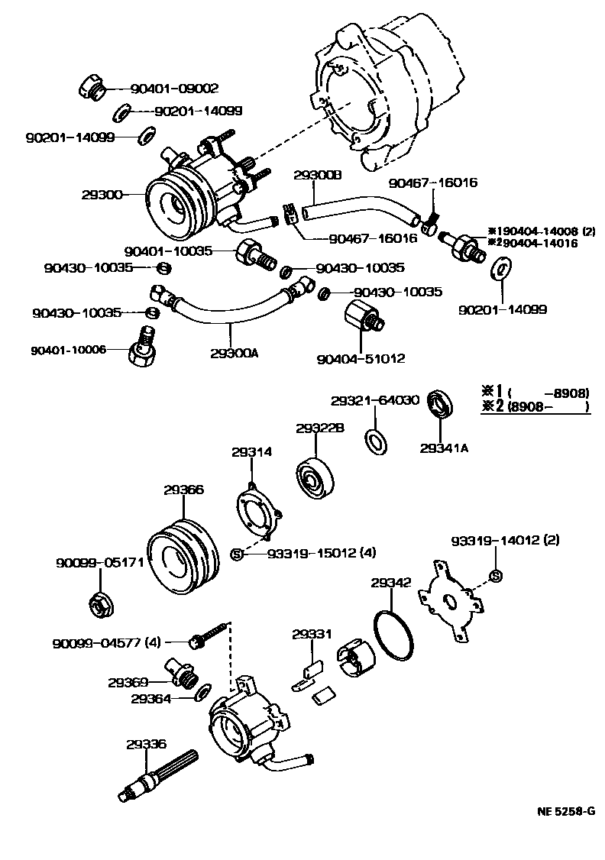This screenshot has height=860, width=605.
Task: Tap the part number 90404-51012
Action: click(361, 358)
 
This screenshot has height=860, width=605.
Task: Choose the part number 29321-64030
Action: click(375, 400)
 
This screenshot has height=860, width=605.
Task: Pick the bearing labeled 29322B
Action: click(314, 478)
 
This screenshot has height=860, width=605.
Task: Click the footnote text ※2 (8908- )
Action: click(535, 407)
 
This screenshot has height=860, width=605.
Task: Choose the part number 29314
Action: click(251, 452)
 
